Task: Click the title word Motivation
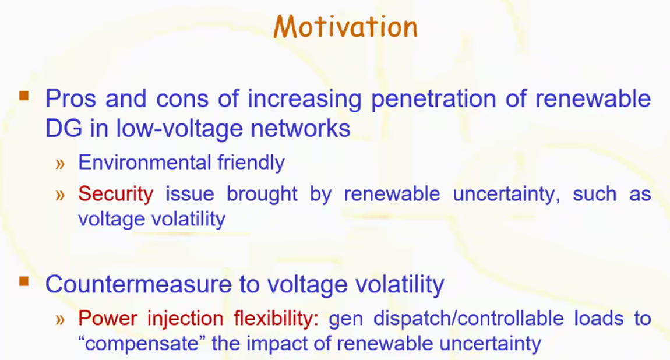coord(345,27)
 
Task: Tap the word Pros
coord(70,98)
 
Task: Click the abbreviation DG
coord(64,128)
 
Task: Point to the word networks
coord(301,128)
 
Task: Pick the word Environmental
coord(145,163)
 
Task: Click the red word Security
coord(116,195)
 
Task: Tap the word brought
coord(262,194)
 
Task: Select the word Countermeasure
coord(138,284)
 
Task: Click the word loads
coord(599,319)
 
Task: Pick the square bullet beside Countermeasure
coord(24,281)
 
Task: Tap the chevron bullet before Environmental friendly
coord(60,164)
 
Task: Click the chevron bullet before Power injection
coord(60,319)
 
